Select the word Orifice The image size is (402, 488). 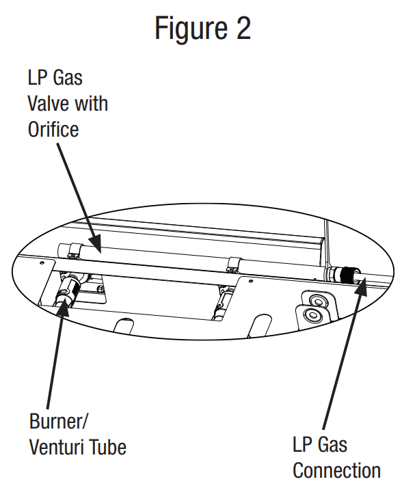point(53,128)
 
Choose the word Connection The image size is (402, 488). point(336,470)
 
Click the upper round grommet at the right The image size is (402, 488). point(316,300)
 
